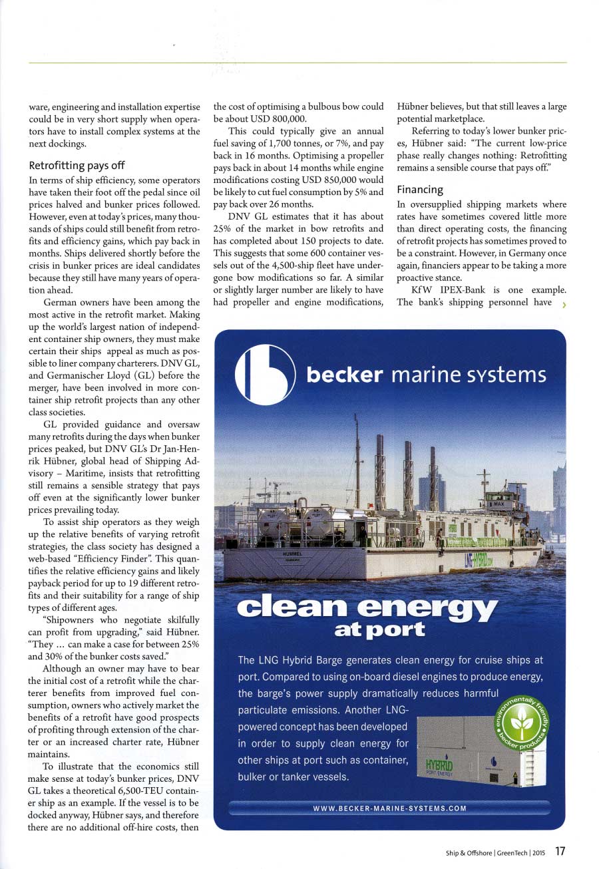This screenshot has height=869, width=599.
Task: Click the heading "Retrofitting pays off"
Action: (x=76, y=166)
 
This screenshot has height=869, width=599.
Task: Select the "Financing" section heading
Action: (x=420, y=190)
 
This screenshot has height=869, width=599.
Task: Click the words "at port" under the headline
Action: (x=380, y=630)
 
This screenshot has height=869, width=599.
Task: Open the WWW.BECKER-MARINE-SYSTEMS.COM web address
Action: (x=389, y=808)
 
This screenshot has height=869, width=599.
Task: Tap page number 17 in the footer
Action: (x=560, y=851)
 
